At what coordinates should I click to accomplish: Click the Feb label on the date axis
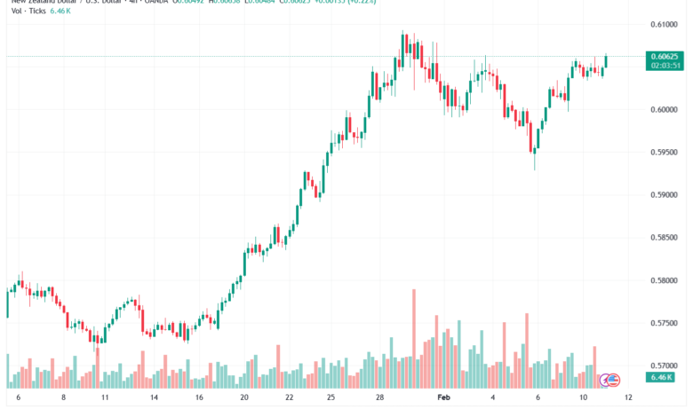[x=445, y=399]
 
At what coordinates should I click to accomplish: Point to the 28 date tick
[x=379, y=399]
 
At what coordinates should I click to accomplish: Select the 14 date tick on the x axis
[x=154, y=399]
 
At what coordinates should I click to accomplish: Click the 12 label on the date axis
[x=627, y=399]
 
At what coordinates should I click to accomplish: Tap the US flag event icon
[x=613, y=380]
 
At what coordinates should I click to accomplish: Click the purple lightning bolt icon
[x=605, y=380]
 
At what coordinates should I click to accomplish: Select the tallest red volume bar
[x=413, y=338]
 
